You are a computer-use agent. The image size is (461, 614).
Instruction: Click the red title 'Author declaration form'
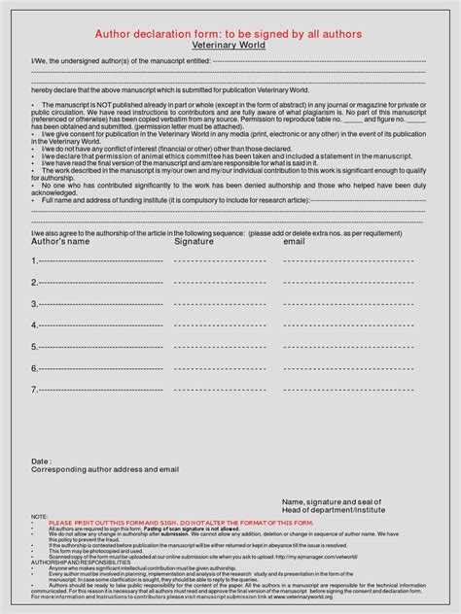[229, 34]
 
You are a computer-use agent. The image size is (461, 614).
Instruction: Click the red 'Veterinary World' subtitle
[230, 46]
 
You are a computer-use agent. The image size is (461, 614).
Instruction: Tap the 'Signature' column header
[194, 242]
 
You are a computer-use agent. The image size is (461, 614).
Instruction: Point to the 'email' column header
[294, 242]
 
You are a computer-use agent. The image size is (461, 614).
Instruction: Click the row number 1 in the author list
[35, 260]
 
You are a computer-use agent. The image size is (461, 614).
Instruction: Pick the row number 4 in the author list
[35, 325]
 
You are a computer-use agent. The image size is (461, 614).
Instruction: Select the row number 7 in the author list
[35, 391]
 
